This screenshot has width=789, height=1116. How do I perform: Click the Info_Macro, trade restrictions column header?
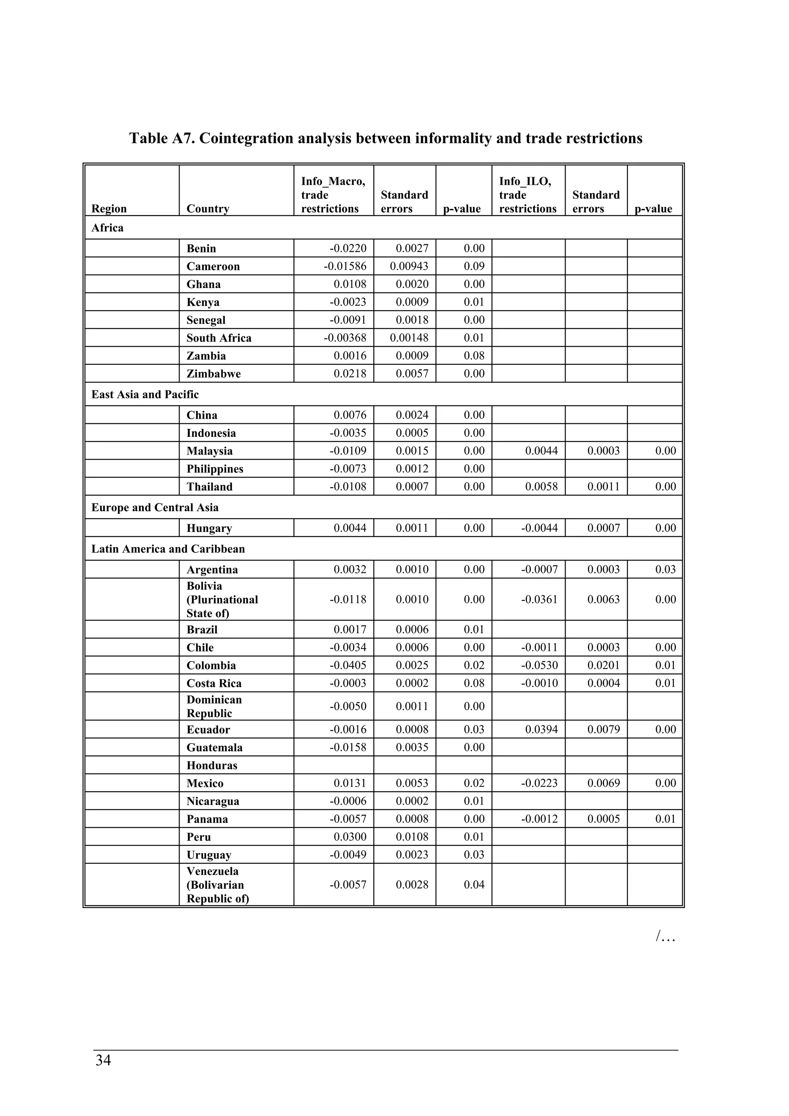click(x=333, y=195)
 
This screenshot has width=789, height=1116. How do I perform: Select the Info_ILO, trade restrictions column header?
click(x=527, y=195)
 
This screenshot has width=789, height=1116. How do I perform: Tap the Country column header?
click(x=208, y=208)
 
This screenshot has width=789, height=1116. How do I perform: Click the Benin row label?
click(x=201, y=248)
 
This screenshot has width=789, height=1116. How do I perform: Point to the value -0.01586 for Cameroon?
click(x=345, y=266)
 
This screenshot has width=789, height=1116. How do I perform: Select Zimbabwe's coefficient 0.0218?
click(x=350, y=374)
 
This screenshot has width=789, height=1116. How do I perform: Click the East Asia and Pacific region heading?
click(x=145, y=394)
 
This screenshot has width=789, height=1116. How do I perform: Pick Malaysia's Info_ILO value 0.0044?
click(x=542, y=451)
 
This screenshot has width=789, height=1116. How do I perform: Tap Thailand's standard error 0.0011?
click(x=603, y=487)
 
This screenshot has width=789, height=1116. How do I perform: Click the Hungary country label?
click(x=209, y=529)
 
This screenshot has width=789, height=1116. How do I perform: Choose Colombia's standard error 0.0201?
click(x=603, y=665)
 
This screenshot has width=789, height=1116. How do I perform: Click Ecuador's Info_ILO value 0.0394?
click(x=542, y=730)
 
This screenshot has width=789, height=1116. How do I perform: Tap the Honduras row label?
click(x=212, y=765)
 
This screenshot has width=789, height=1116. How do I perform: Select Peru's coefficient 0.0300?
click(x=350, y=837)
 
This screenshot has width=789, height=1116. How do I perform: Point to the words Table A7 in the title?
click(x=162, y=139)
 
